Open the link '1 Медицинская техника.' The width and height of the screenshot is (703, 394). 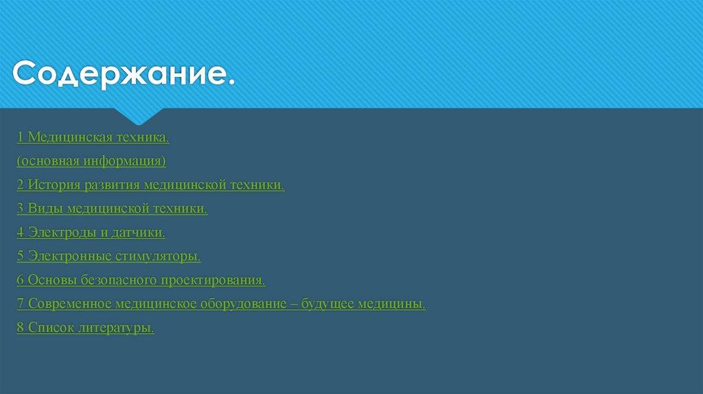point(93,138)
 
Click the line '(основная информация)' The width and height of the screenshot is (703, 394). point(92,161)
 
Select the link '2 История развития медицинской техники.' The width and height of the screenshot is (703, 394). point(151,185)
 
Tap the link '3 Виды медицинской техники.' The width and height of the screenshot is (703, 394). point(113,209)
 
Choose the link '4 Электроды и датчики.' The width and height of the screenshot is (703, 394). point(91,233)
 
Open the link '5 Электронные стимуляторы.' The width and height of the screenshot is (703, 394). point(109,257)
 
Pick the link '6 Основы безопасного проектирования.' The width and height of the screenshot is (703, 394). point(141,280)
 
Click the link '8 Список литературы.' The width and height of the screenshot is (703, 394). point(86,328)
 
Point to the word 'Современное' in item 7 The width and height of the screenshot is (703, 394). point(69,304)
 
